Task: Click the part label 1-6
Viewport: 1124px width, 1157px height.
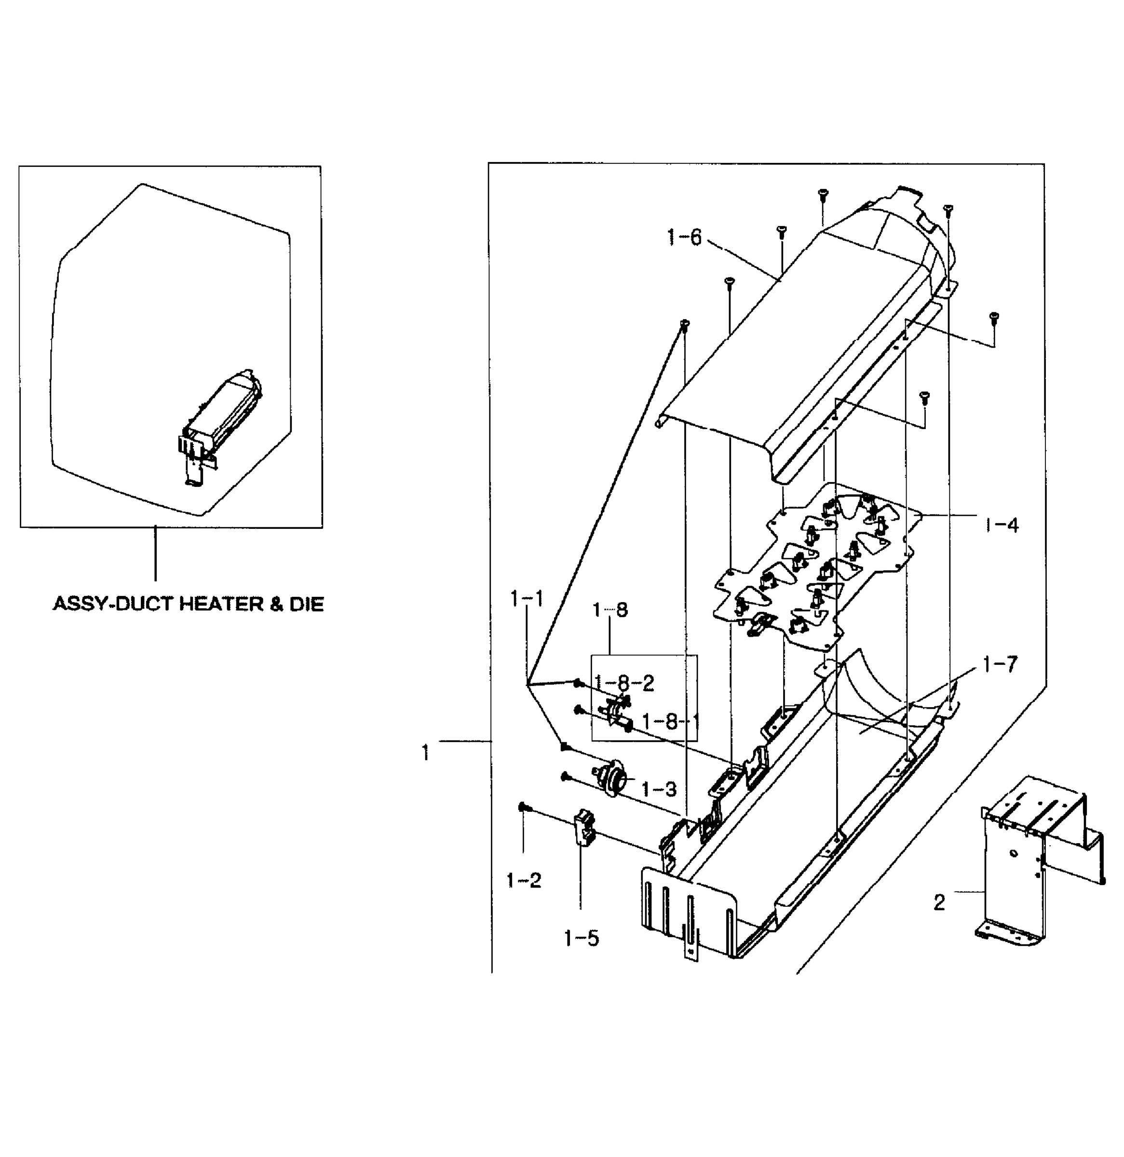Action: point(684,238)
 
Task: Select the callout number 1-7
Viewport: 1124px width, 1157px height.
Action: point(1001,665)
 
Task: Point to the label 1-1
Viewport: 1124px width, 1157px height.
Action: point(527,599)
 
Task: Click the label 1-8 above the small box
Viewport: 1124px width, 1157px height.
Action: point(610,610)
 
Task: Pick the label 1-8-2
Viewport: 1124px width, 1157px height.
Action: point(624,683)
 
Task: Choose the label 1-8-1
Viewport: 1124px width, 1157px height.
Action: point(670,721)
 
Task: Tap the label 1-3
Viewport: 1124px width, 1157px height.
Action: point(658,789)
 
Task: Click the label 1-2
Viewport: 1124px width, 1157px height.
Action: point(524,881)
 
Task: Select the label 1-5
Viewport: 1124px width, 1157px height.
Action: point(582,938)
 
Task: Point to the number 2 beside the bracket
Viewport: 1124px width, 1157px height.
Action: point(939,902)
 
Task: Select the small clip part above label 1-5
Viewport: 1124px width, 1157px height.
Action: point(584,828)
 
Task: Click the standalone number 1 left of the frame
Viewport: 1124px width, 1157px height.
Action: point(425,753)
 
